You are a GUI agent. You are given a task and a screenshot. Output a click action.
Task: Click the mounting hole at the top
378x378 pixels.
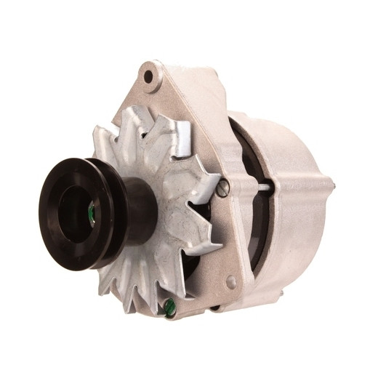pos(148,76)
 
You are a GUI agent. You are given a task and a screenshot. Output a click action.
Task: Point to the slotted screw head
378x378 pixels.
pos(223,188)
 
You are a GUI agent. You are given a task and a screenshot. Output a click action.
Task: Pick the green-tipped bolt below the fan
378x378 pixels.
pos(170,308)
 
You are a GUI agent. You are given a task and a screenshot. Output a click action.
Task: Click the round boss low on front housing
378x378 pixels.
pos(230,281)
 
